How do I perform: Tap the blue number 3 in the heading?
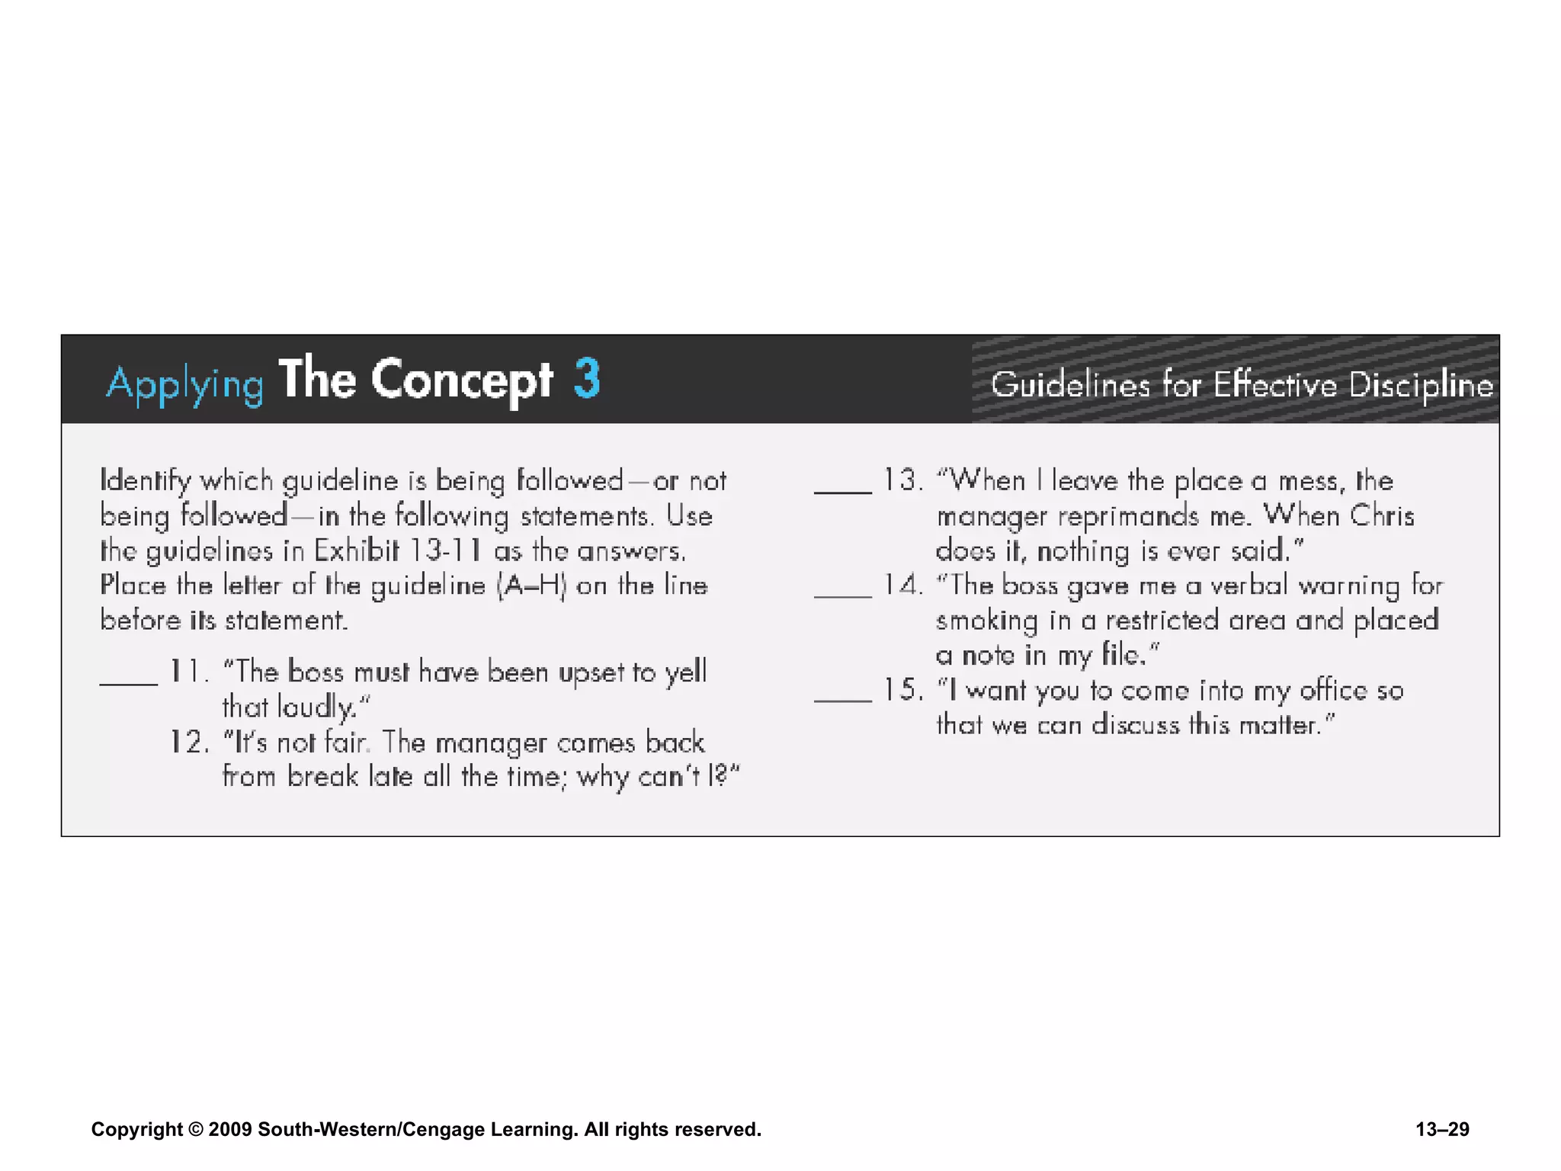[587, 379]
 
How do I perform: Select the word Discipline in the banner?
[1421, 385]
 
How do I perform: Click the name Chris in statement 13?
[1382, 516]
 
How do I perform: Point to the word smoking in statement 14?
[986, 621]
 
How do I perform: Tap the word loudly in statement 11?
[316, 707]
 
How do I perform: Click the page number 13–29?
[1442, 1129]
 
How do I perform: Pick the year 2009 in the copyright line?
[229, 1129]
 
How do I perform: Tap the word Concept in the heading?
[462, 380]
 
